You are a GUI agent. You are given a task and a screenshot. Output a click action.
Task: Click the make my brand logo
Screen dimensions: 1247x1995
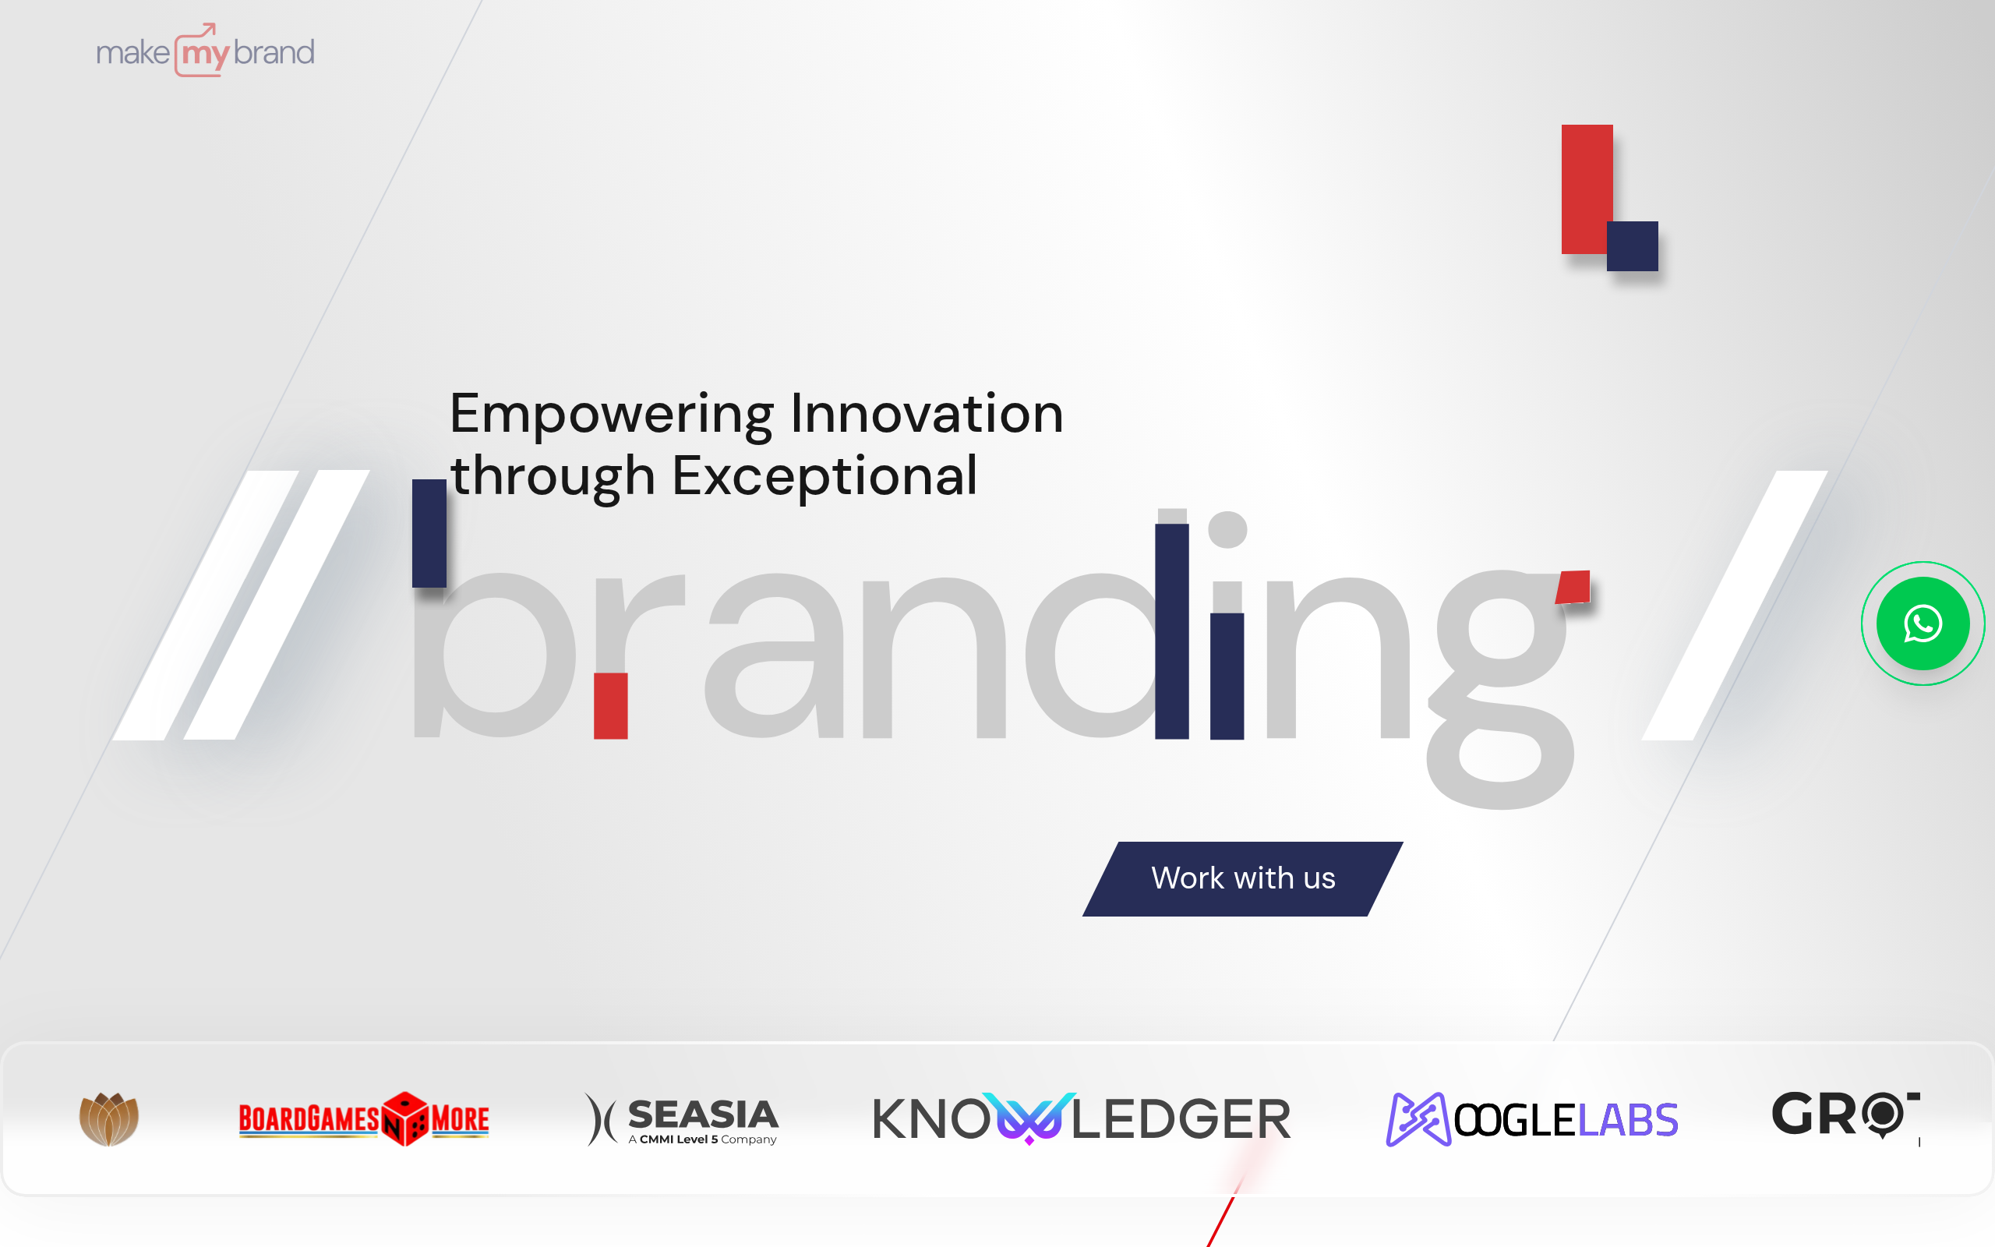click(204, 52)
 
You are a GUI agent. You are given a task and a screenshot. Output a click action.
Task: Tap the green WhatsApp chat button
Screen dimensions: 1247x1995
click(1923, 623)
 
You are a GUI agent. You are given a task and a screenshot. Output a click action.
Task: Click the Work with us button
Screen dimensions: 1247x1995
click(1242, 878)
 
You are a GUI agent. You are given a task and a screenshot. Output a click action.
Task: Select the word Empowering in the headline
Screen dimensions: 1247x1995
click(611, 414)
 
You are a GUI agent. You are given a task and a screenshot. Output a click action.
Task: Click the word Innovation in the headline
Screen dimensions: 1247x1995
click(927, 414)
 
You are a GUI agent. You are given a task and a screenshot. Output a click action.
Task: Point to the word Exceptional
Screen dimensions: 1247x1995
click(824, 477)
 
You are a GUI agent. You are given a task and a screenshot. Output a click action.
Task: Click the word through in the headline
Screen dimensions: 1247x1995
click(553, 477)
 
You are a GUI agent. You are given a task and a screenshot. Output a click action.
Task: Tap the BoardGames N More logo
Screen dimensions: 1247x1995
click(364, 1119)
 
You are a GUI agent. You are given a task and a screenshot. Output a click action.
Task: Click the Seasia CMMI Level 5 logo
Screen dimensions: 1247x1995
click(682, 1119)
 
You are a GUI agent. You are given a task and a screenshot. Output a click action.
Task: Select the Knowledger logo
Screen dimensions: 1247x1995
click(1081, 1119)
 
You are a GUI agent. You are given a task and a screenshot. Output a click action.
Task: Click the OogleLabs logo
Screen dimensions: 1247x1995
click(1531, 1119)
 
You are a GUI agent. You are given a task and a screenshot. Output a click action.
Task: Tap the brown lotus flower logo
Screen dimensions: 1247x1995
click(109, 1119)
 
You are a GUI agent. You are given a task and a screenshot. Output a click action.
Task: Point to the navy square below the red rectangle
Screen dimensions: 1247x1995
click(1633, 246)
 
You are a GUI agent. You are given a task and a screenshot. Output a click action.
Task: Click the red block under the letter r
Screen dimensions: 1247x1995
click(611, 706)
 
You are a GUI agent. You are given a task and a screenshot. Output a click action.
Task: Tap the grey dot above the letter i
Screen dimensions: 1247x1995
click(1227, 529)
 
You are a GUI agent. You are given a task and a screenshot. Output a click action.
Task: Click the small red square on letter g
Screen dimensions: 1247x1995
click(1573, 587)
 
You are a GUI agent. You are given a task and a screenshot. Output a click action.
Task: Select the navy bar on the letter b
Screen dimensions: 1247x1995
click(429, 533)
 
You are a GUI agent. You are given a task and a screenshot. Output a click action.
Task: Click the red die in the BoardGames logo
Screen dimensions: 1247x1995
click(404, 1118)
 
